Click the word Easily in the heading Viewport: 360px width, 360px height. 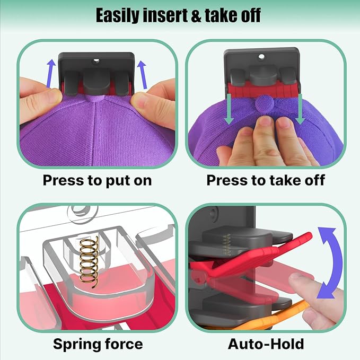click(x=117, y=15)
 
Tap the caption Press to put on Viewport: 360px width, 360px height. click(x=98, y=181)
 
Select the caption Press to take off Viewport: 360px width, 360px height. click(x=266, y=180)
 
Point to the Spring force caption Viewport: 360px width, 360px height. click(x=98, y=344)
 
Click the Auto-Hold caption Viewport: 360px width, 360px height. click(x=266, y=344)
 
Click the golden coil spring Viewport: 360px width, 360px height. click(x=89, y=262)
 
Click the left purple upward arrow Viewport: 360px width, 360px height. click(x=51, y=74)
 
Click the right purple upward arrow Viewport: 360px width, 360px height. click(x=142, y=75)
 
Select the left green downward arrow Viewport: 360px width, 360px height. click(x=229, y=109)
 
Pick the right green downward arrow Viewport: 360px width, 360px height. click(x=300, y=109)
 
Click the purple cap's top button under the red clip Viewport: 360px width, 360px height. click(x=264, y=104)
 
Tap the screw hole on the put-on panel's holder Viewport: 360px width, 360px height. click(x=96, y=61)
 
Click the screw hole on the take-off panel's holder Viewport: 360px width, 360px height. click(x=261, y=57)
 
